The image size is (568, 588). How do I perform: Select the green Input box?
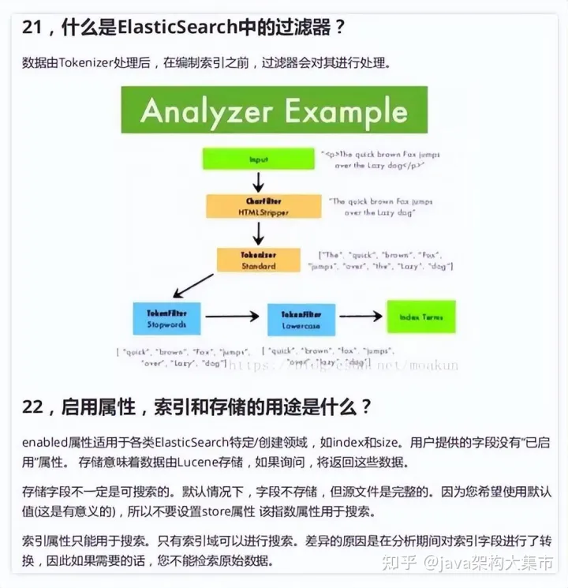(x=259, y=159)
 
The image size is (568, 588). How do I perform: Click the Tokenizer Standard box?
(x=259, y=260)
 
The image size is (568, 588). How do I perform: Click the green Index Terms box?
(x=420, y=316)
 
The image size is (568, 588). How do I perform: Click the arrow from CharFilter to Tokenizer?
(x=257, y=233)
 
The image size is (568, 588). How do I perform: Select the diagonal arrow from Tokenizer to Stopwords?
(x=193, y=285)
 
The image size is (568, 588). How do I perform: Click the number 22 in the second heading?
(x=32, y=407)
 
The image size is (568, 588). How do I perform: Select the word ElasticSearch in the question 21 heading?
(x=177, y=27)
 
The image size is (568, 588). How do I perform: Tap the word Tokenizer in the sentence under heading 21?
(x=88, y=62)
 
